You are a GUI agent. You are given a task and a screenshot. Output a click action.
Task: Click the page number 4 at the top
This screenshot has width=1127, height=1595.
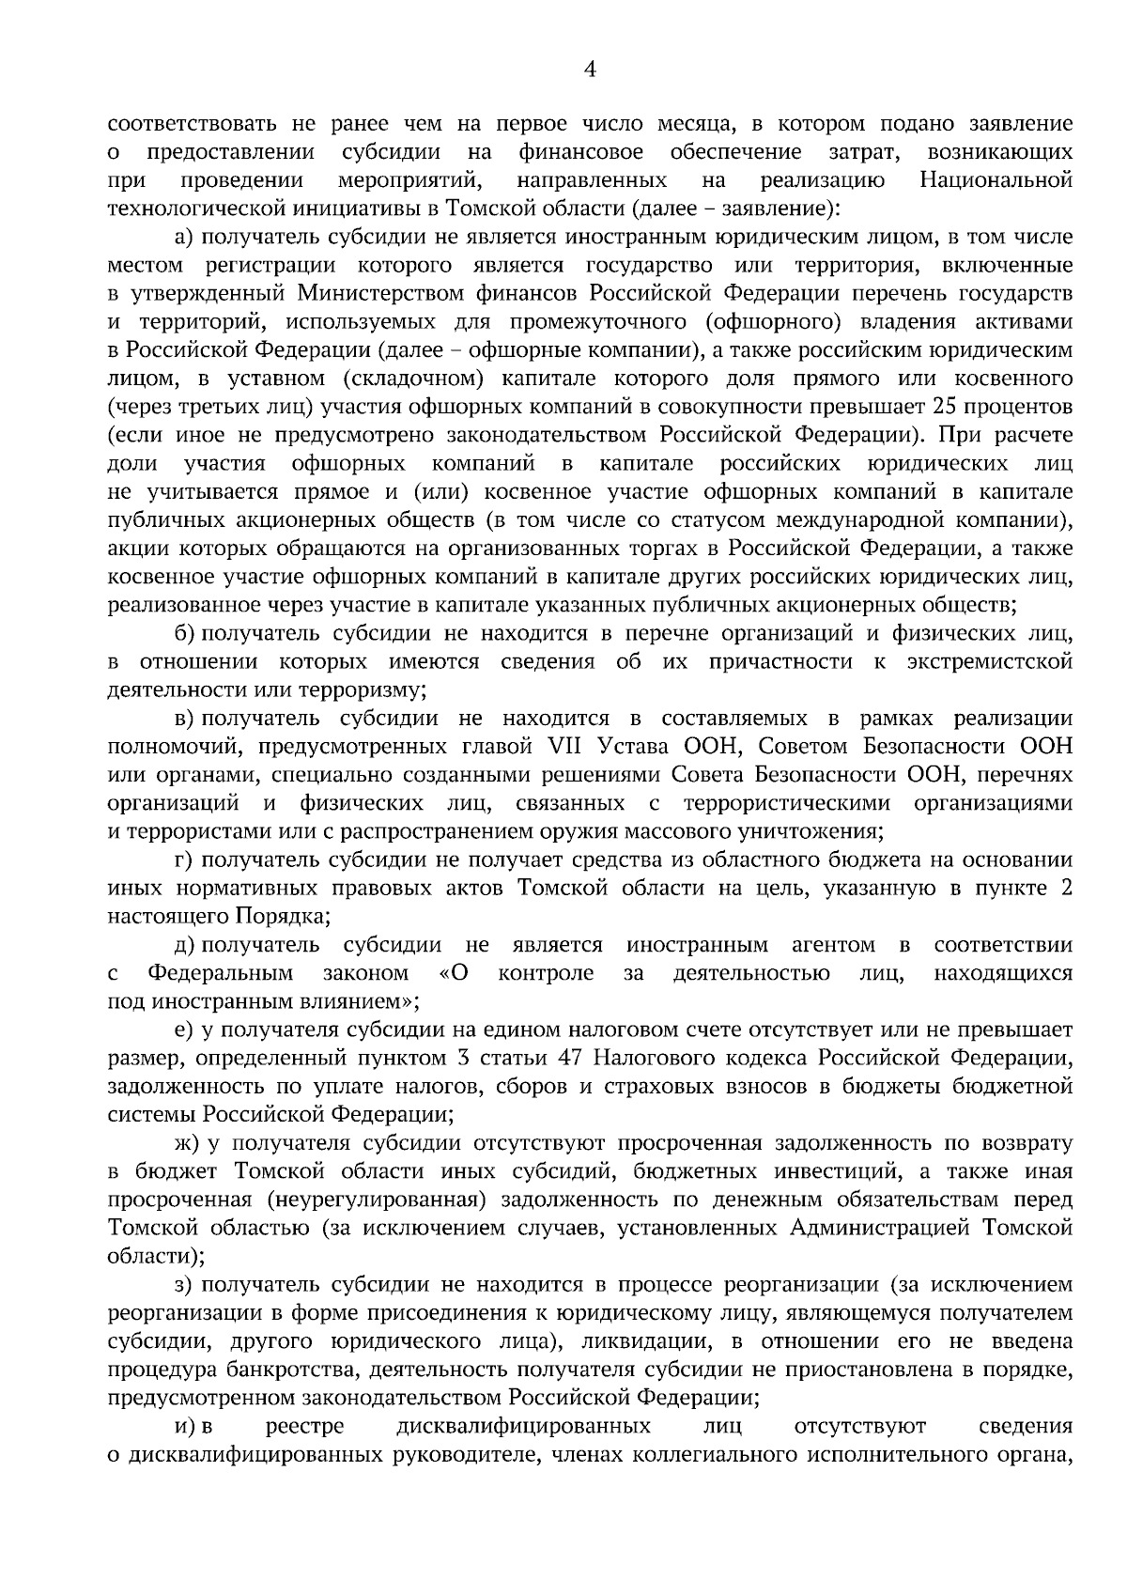point(590,68)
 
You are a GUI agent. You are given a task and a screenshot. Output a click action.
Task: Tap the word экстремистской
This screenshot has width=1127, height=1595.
point(989,661)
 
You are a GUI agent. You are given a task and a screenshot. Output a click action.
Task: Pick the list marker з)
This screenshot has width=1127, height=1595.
point(184,1284)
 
